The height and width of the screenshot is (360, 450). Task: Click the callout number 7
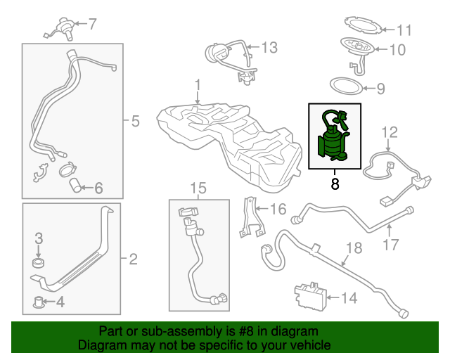(92, 23)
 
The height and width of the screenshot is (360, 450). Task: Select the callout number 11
(404, 30)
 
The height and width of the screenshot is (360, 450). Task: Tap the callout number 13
(269, 48)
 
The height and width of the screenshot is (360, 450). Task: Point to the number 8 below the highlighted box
(335, 184)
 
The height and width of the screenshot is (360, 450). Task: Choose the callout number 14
(349, 297)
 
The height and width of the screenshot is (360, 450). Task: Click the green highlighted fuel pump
(334, 136)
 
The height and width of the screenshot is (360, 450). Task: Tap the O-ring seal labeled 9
(347, 87)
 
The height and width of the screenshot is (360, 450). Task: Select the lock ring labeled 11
(363, 28)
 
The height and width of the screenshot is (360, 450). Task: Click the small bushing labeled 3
(39, 264)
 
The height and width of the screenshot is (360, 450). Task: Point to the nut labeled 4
(40, 304)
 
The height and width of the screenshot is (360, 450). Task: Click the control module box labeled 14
(311, 296)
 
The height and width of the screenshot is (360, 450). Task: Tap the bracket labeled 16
(249, 214)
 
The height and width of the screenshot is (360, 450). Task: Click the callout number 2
(133, 259)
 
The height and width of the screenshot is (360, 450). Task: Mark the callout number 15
(198, 188)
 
